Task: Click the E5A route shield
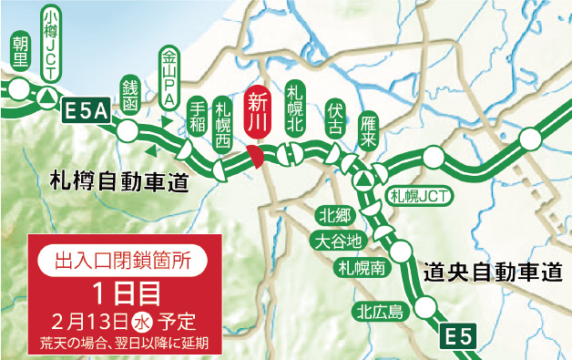pos(87,111)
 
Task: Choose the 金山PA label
pos(169,77)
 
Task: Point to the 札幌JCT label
pos(418,195)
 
